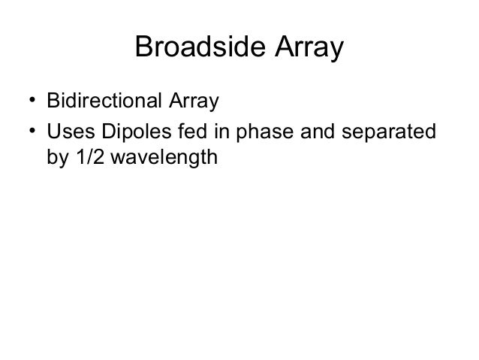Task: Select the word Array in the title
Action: pos(306,50)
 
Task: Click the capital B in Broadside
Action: pos(143,49)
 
